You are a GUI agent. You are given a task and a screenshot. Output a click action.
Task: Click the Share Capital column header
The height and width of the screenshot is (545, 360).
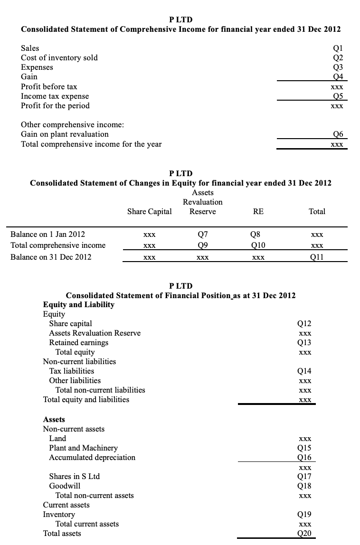pyautogui.click(x=149, y=212)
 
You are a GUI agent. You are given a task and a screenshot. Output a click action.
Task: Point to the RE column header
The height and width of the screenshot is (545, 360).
pyautogui.click(x=258, y=212)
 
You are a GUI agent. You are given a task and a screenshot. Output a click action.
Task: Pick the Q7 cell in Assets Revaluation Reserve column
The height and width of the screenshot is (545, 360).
pyautogui.click(x=202, y=235)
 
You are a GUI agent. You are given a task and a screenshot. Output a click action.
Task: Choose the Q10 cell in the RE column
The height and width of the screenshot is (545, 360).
pyautogui.click(x=258, y=245)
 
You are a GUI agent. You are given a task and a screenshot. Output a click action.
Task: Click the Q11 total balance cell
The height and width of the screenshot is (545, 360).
pyautogui.click(x=317, y=257)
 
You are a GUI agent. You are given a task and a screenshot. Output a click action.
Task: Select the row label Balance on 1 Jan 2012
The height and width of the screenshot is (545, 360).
pyautogui.click(x=48, y=235)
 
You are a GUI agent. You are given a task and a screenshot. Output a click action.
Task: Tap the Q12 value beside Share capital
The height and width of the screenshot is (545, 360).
pyautogui.click(x=304, y=324)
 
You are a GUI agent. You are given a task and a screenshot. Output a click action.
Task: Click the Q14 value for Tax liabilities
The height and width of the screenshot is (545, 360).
pyautogui.click(x=304, y=371)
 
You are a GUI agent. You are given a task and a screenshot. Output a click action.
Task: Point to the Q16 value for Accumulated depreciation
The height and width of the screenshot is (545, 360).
pyautogui.click(x=304, y=458)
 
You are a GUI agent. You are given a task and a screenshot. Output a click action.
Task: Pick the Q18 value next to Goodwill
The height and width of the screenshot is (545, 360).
pyautogui.click(x=304, y=486)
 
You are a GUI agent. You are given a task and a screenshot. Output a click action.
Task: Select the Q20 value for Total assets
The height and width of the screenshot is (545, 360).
pyautogui.click(x=304, y=534)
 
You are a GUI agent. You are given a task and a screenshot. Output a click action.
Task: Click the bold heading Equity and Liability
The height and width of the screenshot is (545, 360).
pyautogui.click(x=78, y=305)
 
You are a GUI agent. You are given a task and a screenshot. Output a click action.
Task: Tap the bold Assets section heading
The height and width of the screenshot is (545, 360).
pyautogui.click(x=54, y=420)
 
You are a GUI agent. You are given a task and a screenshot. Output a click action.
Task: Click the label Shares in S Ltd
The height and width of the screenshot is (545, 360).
pyautogui.click(x=75, y=477)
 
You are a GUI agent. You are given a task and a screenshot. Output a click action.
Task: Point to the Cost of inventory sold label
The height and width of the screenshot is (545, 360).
pyautogui.click(x=59, y=58)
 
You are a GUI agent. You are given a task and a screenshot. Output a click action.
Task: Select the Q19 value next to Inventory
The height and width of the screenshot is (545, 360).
pyautogui.click(x=304, y=515)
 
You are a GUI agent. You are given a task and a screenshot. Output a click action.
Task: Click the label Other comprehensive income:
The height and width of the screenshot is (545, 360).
pyautogui.click(x=73, y=125)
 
